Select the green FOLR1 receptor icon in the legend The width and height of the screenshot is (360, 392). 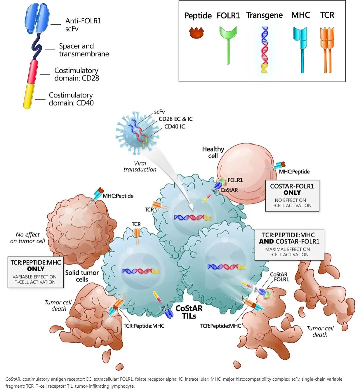click(228, 45)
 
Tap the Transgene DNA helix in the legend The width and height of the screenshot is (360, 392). click(264, 50)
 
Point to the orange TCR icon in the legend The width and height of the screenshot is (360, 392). click(327, 50)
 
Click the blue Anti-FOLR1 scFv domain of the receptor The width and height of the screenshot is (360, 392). click(37, 18)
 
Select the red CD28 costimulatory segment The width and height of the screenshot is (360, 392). click(33, 72)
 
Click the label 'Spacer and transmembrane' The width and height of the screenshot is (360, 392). click(84, 50)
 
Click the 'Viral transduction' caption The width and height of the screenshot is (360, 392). click(140, 166)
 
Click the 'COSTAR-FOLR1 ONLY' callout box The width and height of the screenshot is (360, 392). click(292, 196)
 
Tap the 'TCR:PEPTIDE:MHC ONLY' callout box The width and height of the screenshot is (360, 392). click(36, 272)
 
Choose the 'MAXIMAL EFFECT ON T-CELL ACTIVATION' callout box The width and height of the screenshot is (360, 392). click(289, 245)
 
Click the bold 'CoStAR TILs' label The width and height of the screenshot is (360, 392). click(189, 312)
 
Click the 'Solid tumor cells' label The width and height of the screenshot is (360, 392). click(82, 276)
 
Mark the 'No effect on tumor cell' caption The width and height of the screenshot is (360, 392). click(27, 238)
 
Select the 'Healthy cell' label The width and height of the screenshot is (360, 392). click(213, 152)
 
